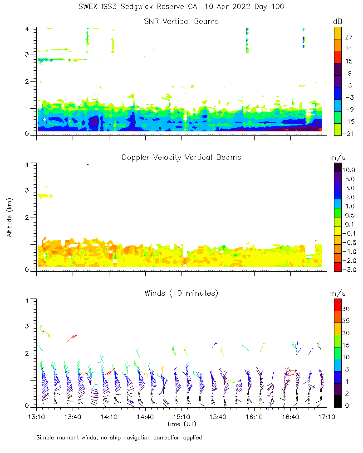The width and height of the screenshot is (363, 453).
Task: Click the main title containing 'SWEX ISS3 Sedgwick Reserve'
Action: coord(181,7)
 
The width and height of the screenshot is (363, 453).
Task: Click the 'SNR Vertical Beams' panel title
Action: coord(181,21)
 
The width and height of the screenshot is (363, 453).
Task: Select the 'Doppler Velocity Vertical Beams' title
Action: coord(181,157)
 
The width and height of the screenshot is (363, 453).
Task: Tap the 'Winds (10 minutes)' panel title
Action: coord(181,293)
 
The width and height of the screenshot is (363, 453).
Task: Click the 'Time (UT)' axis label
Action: coord(181,424)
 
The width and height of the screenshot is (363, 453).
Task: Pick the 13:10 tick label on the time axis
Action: coord(36,416)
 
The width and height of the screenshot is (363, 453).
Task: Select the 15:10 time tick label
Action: coord(181,416)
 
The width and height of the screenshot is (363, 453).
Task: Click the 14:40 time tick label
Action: coord(145,416)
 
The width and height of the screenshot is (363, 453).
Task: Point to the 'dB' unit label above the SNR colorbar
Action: coord(338,22)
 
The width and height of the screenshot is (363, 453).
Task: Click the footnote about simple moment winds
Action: coord(119,438)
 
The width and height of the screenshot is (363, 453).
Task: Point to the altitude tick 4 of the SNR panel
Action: coord(27,28)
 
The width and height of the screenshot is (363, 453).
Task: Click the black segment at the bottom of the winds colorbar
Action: coord(338,401)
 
